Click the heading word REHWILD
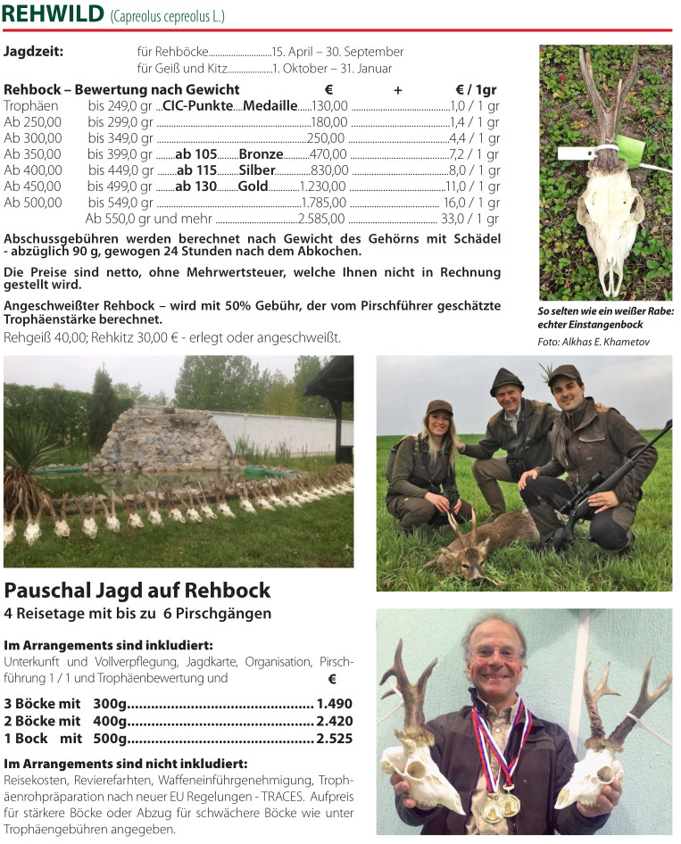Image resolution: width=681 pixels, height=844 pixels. coord(53,15)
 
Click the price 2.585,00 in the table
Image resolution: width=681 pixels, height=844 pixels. coord(321,219)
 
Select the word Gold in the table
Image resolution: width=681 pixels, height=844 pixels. coord(253,186)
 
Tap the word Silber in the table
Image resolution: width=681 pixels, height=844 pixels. coord(257,170)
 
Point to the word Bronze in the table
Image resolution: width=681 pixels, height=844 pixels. coord(261,154)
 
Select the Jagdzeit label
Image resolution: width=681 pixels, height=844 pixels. coord(33,52)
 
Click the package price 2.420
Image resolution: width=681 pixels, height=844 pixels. coord(335,721)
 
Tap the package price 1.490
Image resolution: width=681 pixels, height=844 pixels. coord(335,703)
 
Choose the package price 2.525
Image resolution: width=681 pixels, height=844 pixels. coord(335,739)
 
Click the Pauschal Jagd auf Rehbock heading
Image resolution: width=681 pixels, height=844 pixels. coord(137,591)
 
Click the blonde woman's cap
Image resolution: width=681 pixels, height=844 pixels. coord(439,407)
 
